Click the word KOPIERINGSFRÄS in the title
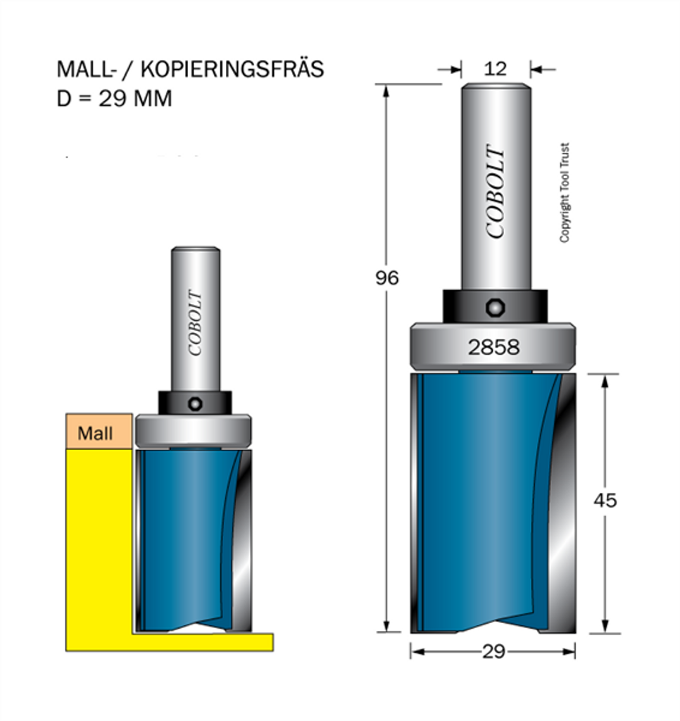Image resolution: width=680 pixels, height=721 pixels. pos(232,69)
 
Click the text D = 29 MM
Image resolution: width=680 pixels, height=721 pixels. pos(114,99)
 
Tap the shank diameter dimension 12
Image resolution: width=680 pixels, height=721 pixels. pos(495,69)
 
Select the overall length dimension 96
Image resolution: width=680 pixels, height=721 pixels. pos(386,277)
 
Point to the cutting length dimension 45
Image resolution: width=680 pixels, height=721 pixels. pos(605,501)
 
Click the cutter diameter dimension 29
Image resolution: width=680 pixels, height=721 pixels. pos(493,651)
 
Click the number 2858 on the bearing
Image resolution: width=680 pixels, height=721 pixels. pos(493,347)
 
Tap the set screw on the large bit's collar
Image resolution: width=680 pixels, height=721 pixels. pos(495,307)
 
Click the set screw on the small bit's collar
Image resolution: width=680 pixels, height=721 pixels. pos(195,404)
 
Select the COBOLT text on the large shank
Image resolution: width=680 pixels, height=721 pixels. pos(496,192)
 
